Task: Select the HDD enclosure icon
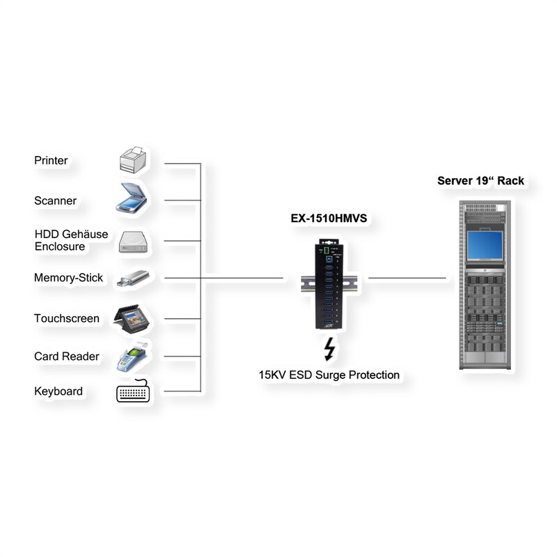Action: coord(132,241)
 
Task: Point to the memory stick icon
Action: coord(132,278)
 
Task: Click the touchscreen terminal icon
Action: coord(132,318)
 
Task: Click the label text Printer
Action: coord(51,161)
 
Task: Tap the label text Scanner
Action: coord(55,201)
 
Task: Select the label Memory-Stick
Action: coord(68,278)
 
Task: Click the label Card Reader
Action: coord(66,356)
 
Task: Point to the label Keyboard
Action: coord(58,391)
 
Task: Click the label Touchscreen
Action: coord(66,318)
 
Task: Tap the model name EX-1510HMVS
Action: coord(329,219)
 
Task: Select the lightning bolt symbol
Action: coord(329,347)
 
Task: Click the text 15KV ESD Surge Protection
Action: coord(329,375)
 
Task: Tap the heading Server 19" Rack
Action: coord(480,181)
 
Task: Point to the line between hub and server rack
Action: coord(407,278)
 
